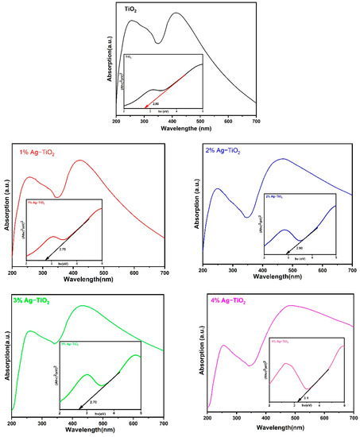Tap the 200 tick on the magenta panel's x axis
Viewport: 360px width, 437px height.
tap(207, 418)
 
